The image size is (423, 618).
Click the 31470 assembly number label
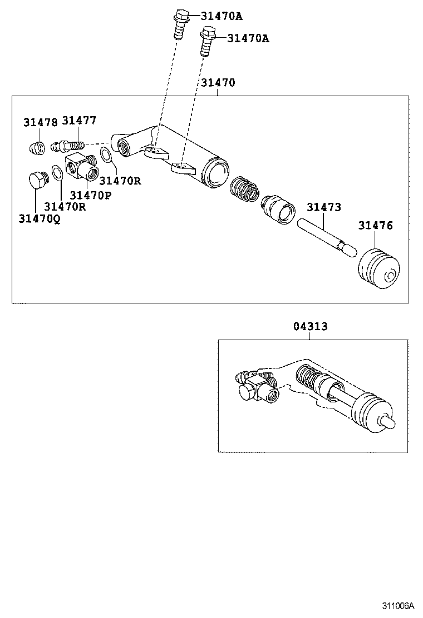(218, 83)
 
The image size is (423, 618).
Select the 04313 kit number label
(311, 327)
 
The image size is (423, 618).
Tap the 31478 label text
(40, 123)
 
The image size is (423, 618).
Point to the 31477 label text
(79, 121)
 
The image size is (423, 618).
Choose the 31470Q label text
(39, 218)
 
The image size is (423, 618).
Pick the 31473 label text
(323, 207)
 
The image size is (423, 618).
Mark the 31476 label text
(375, 225)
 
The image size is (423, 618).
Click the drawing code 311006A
(399, 605)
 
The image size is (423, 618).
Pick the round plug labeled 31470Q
(37, 181)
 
